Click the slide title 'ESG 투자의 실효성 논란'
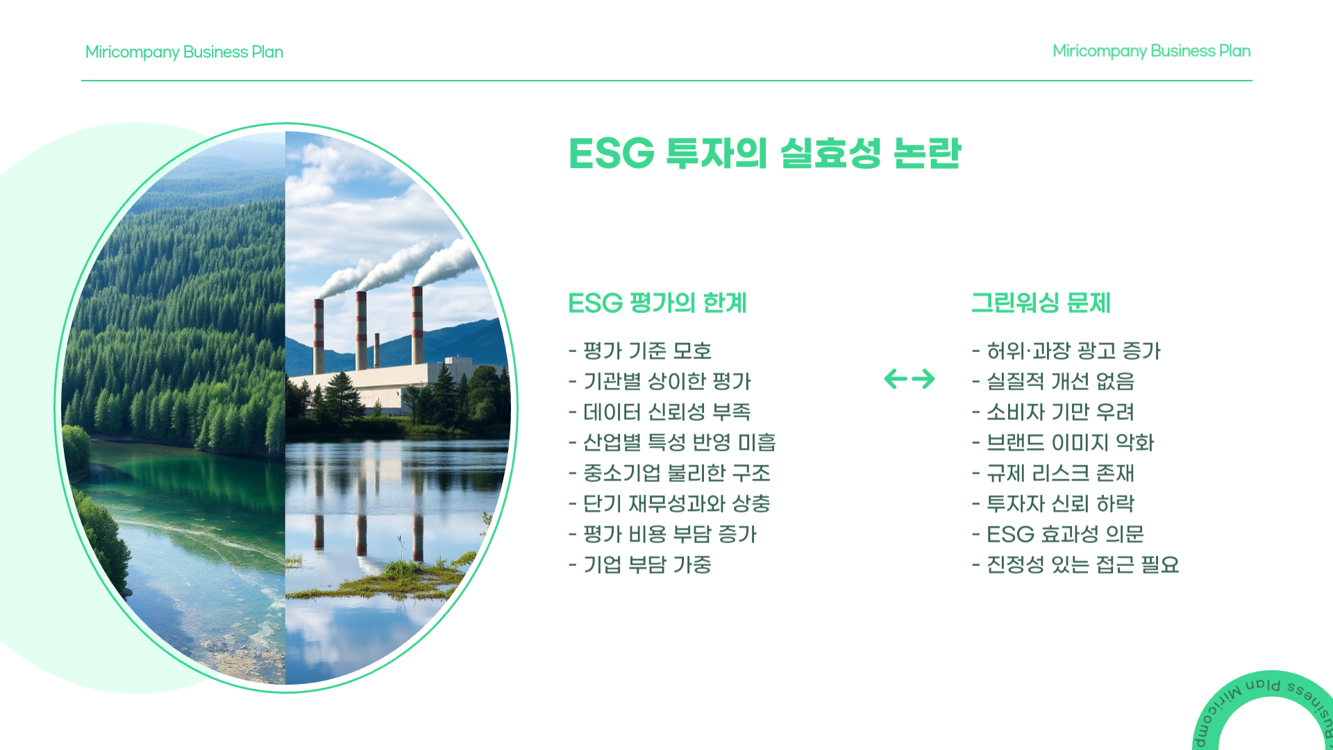pyautogui.click(x=764, y=153)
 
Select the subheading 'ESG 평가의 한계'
pyautogui.click(x=657, y=303)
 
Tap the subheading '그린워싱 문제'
pyautogui.click(x=1041, y=303)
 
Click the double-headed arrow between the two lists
pyautogui.click(x=909, y=378)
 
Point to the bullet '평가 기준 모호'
pyautogui.click(x=640, y=351)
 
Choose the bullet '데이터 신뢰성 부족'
pyautogui.click(x=660, y=412)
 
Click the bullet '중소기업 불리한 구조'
pyautogui.click(x=669, y=473)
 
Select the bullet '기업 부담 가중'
pyautogui.click(x=640, y=565)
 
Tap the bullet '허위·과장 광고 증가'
pyautogui.click(x=1066, y=351)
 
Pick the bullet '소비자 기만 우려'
pyautogui.click(x=1053, y=412)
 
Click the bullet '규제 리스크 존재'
pyautogui.click(x=1053, y=473)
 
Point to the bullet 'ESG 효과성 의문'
pyautogui.click(x=1058, y=534)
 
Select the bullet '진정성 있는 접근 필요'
pyautogui.click(x=1075, y=565)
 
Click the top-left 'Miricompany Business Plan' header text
pyautogui.click(x=184, y=52)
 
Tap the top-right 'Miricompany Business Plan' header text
pyautogui.click(x=1152, y=51)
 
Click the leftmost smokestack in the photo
pyautogui.click(x=319, y=337)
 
